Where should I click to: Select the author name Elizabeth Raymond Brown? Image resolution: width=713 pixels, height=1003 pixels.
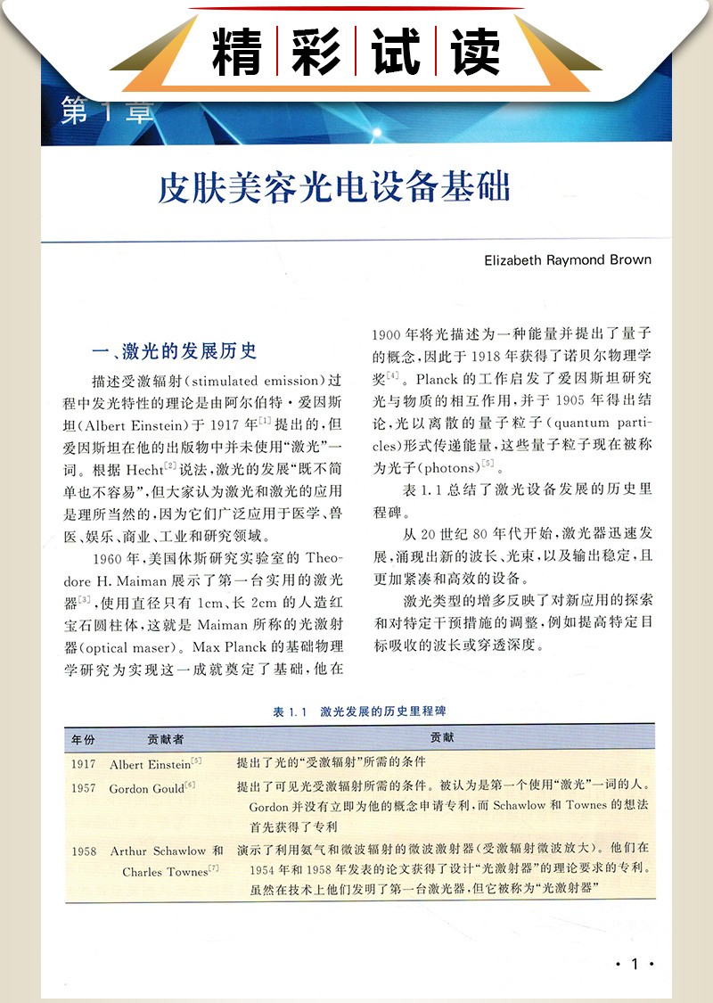click(567, 260)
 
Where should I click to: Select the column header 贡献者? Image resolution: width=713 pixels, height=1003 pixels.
click(166, 738)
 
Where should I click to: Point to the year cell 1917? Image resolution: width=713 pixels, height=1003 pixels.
click(84, 764)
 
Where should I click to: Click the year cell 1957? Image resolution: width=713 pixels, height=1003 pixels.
click(84, 788)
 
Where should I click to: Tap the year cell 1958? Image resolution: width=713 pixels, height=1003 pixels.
click(84, 851)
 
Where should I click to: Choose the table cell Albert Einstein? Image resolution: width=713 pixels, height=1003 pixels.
click(150, 764)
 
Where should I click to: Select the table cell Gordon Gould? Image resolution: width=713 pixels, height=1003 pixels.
click(146, 788)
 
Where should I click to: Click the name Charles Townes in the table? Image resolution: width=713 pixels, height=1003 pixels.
click(165, 871)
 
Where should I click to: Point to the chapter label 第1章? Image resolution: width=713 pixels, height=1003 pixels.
click(108, 112)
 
